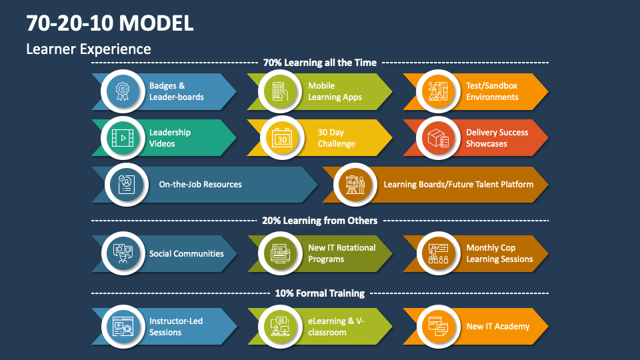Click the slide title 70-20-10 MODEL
[110, 23]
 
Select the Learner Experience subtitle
[89, 49]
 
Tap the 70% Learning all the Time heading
[320, 63]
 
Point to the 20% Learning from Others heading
[320, 221]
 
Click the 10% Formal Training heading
[320, 293]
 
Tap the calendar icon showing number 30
[281, 138]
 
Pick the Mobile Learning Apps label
[335, 91]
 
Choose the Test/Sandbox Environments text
[492, 91]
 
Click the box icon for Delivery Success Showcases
[437, 138]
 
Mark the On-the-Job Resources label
[200, 185]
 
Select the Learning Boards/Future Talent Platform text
[458, 185]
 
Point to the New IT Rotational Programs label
[341, 253]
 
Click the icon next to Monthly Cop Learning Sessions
[437, 253]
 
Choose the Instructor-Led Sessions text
[175, 327]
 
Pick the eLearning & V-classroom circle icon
[280, 327]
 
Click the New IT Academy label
[497, 327]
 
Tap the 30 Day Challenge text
[336, 138]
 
